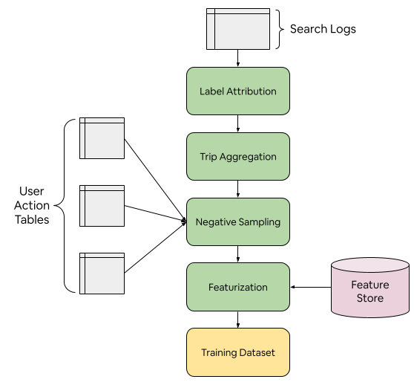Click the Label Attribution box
pos(238,91)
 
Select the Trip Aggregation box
pos(238,157)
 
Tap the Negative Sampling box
pos(238,221)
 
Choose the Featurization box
pos(238,287)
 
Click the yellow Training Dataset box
pos(238,352)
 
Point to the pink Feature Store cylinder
pos(370,288)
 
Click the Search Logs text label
pos(323,29)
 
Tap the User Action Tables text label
pos(32,205)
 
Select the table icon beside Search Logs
pos(238,29)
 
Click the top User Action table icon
pos(102,138)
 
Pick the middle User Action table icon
pos(102,206)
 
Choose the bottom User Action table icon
pos(102,274)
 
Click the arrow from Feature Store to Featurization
pos(311,287)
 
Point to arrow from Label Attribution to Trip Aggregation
pos(238,123)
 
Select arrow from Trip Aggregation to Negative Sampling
pos(238,189)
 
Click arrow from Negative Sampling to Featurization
pos(238,254)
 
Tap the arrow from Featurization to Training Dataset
pos(238,320)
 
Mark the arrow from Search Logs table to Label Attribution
pos(238,58)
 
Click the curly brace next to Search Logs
pos(280,29)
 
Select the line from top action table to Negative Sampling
pos(155,180)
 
